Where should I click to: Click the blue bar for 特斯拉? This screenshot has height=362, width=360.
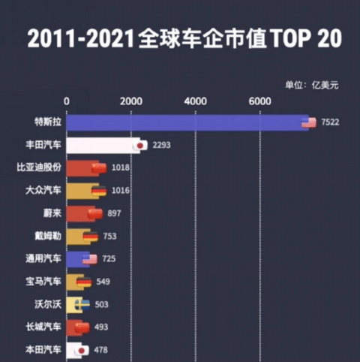[187, 122]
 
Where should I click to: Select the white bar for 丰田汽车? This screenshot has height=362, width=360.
[103, 145]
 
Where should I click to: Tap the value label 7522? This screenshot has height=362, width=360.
[330, 122]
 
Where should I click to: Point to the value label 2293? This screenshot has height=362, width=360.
[161, 145]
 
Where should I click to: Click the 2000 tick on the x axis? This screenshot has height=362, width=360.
[131, 101]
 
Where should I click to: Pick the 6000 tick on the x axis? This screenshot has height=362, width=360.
[260, 101]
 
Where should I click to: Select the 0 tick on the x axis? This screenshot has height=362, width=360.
[67, 101]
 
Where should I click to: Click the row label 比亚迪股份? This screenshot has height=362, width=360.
[39, 167]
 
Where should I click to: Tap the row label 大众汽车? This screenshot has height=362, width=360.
[43, 190]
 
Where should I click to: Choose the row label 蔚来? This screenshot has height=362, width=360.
[52, 213]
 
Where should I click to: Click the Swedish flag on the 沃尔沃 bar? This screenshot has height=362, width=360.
[82, 304]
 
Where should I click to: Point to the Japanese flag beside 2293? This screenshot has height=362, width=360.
[140, 145]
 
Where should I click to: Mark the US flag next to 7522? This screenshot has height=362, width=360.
[309, 122]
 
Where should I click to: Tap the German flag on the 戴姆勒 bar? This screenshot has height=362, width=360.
[91, 237]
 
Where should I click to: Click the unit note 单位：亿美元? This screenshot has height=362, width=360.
[312, 86]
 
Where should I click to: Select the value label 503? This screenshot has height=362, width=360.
[101, 305]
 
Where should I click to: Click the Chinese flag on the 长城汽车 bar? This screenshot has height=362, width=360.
[82, 327]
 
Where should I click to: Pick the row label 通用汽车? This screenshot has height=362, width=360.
[43, 259]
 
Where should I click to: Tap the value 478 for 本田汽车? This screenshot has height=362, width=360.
[100, 350]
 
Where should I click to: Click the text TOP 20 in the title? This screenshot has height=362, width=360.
[306, 38]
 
